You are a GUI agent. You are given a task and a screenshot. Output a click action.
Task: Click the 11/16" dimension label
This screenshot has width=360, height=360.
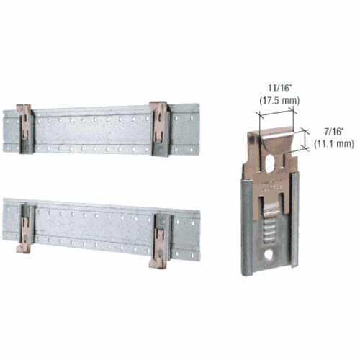pos(279,89)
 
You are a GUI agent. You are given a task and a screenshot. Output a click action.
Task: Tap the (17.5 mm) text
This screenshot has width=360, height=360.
pos(279,100)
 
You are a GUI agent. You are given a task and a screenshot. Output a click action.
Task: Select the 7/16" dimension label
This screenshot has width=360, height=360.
pos(334,132)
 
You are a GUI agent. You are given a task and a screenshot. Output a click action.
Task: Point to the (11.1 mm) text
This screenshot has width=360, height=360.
pos(334,143)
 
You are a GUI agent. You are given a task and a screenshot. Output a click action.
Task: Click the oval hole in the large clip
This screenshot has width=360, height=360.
pos(269,163)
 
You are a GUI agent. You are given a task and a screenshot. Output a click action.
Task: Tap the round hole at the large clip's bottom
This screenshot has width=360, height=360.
pos(269,256)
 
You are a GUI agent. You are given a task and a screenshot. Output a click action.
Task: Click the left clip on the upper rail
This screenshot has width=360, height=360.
pos(25,129)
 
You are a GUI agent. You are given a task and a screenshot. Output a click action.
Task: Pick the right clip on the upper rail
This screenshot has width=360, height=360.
pos(160,129)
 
